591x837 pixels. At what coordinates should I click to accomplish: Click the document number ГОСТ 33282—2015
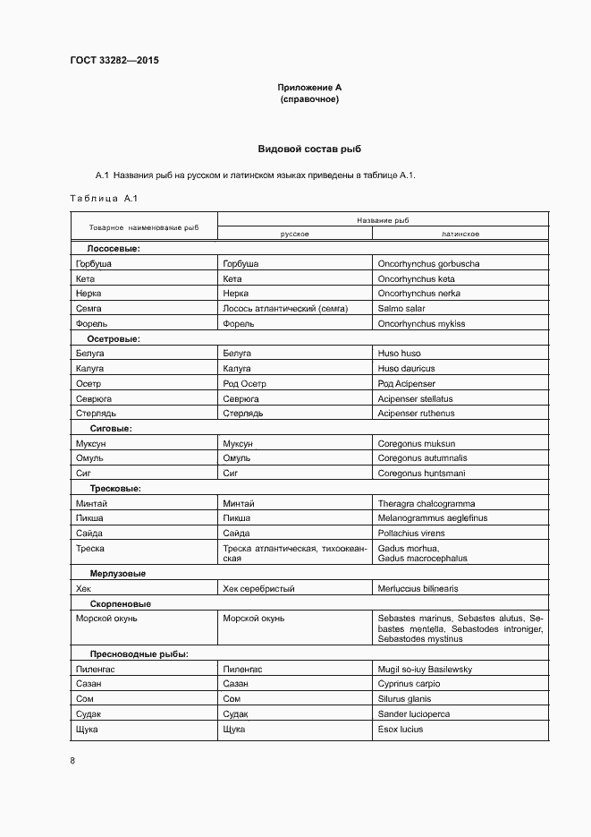tap(114, 61)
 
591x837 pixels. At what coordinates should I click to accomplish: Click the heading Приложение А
tap(309, 88)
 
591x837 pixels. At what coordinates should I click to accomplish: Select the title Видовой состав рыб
tap(309, 149)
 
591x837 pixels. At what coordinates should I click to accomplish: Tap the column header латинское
tap(460, 234)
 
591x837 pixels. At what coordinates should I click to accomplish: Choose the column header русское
tap(295, 234)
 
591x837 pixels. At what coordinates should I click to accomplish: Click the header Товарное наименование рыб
tap(143, 227)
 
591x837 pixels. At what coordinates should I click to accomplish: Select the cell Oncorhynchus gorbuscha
tap(428, 264)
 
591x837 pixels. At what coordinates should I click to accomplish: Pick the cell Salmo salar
tap(402, 309)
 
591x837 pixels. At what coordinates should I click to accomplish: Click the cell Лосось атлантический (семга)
tap(284, 309)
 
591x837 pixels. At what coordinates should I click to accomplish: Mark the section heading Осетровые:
tap(114, 339)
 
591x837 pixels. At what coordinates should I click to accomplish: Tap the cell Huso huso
tap(399, 354)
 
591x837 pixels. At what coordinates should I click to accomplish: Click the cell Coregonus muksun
tap(416, 443)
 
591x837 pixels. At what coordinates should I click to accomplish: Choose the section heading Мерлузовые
tap(118, 574)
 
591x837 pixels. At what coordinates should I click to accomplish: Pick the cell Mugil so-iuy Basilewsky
tap(425, 670)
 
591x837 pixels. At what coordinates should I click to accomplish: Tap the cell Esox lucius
tap(401, 730)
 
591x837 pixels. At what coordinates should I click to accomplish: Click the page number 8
tap(72, 761)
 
